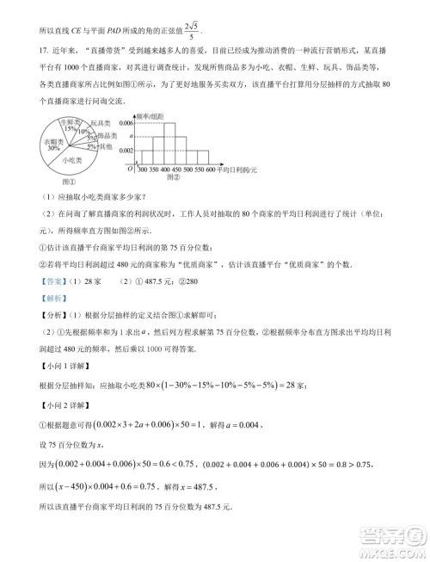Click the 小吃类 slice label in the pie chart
[58, 159]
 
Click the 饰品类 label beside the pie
[106, 136]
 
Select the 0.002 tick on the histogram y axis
[126, 150]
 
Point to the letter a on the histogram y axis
[130, 136]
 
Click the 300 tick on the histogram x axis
[143, 170]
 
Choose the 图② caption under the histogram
[173, 178]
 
